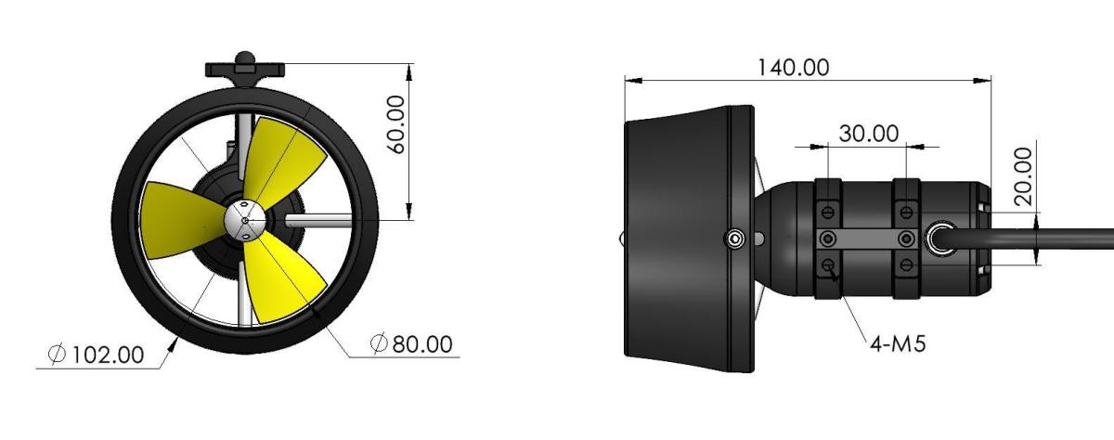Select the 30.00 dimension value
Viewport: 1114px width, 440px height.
pyautogui.click(x=868, y=133)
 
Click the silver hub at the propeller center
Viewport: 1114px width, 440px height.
pyautogui.click(x=244, y=220)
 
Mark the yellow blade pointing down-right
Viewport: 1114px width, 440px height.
pyautogui.click(x=287, y=278)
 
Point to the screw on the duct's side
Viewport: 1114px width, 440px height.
pyautogui.click(x=735, y=239)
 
